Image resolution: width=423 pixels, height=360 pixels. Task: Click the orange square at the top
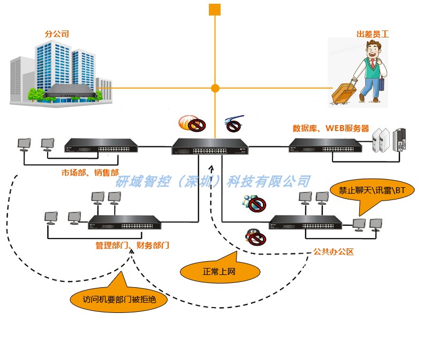215,10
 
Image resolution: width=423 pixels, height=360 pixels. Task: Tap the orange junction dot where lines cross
215,88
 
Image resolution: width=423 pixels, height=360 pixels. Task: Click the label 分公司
57,34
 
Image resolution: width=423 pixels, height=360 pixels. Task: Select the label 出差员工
373,34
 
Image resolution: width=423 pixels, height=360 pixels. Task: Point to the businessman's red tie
373,63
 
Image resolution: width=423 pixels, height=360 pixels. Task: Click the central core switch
210,147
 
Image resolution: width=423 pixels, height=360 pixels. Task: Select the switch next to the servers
326,146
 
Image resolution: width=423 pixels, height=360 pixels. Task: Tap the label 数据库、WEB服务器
331,128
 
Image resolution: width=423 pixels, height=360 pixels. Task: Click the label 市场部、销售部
90,172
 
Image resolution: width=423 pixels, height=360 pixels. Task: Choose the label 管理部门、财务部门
132,245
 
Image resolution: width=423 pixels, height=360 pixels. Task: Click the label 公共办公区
334,251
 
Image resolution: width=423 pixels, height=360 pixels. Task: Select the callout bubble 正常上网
220,271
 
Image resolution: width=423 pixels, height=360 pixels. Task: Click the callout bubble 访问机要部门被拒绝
119,298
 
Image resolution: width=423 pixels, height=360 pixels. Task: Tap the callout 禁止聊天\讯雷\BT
372,190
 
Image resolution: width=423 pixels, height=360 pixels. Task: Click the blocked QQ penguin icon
255,238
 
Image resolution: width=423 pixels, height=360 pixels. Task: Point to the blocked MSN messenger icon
254,203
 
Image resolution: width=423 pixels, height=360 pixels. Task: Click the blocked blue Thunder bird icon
233,124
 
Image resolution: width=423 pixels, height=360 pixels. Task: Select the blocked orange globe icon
192,124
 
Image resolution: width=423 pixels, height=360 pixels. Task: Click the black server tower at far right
399,140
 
